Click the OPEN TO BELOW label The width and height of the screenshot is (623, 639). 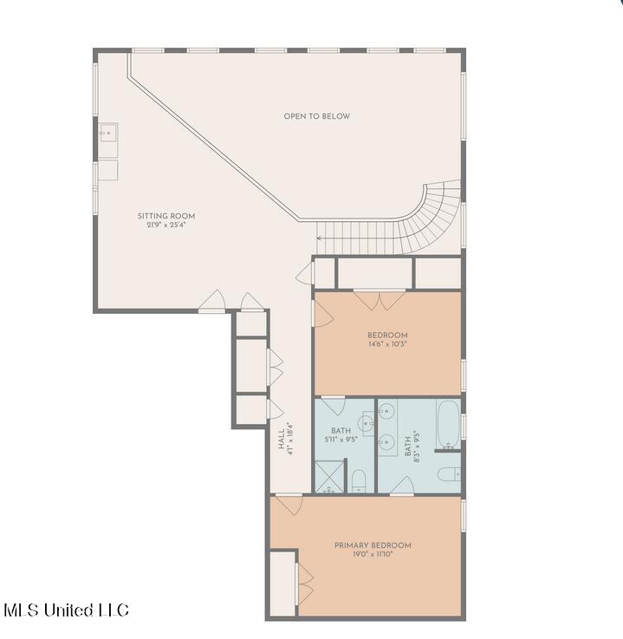point(317,116)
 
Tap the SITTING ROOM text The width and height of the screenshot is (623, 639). point(166,216)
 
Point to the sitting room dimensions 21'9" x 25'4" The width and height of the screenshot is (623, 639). point(166,225)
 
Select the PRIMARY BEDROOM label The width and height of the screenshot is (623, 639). point(373,545)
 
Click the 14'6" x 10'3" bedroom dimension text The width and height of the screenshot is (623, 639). point(387,344)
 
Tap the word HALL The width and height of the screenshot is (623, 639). point(282,439)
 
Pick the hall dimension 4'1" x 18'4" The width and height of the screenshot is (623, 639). point(290,439)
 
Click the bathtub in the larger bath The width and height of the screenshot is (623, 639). point(448,425)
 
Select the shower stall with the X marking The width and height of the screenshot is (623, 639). point(329,476)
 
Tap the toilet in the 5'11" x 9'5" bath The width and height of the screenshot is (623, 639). point(359,481)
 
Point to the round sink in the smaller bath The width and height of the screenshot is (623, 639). point(366,423)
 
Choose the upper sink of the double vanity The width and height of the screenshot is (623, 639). point(386,411)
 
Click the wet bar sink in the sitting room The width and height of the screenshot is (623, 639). point(108,134)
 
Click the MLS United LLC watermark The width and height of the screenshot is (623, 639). point(67,610)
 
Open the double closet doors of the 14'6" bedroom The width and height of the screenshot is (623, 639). point(380,300)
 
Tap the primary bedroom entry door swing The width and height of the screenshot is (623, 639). point(289,505)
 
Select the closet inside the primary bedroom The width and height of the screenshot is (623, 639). point(282,584)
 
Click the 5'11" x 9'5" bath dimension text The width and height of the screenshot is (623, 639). point(341,440)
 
